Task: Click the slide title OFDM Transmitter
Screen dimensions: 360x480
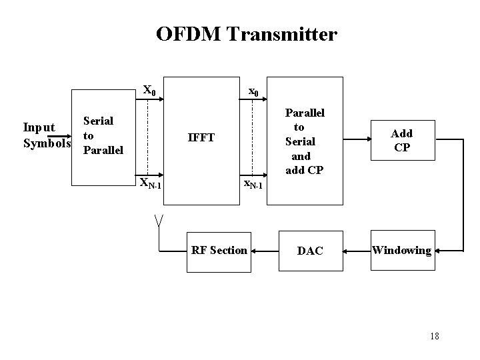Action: click(x=247, y=34)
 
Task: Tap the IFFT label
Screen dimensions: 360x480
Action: click(x=201, y=138)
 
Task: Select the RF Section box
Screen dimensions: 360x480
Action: click(x=219, y=251)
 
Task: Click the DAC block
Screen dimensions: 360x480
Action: click(x=310, y=251)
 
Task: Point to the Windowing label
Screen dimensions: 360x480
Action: click(x=401, y=251)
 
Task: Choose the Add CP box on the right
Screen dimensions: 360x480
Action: click(x=401, y=141)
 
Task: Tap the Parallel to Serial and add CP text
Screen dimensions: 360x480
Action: click(x=304, y=141)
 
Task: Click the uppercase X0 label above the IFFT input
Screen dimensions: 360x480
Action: click(x=150, y=90)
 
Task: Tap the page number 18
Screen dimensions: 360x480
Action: click(x=434, y=335)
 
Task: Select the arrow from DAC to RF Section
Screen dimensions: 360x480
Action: click(x=267, y=251)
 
